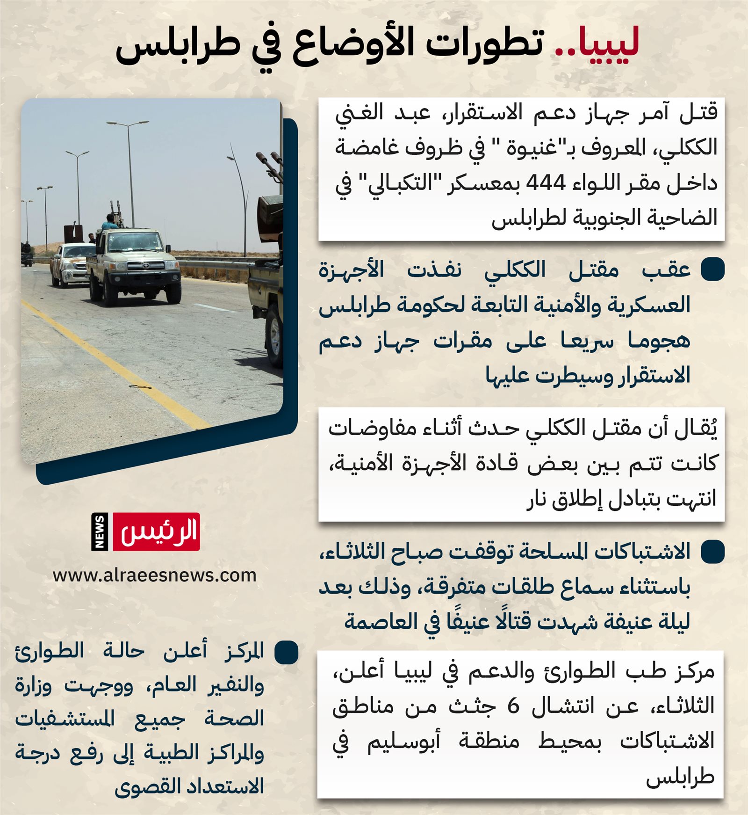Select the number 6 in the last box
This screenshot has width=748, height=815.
click(x=513, y=706)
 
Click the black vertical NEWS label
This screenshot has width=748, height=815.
click(x=100, y=531)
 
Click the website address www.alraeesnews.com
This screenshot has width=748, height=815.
click(x=154, y=575)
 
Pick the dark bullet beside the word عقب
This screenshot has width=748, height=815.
click(x=712, y=269)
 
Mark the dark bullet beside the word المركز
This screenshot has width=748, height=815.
click(x=286, y=652)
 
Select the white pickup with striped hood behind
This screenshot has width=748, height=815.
click(x=70, y=265)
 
